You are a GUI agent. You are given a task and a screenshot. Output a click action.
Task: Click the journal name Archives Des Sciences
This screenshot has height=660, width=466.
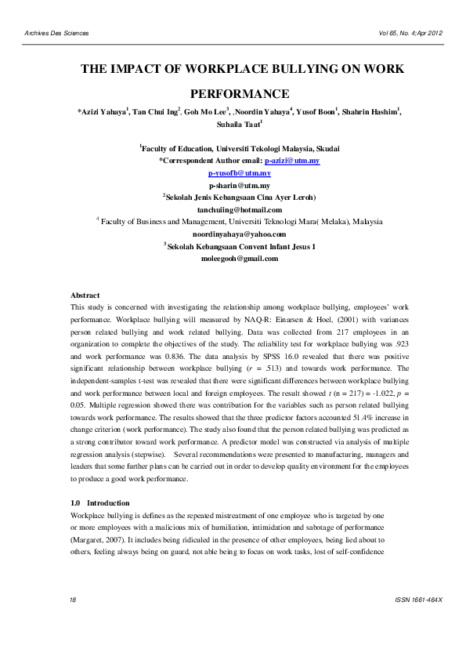57,33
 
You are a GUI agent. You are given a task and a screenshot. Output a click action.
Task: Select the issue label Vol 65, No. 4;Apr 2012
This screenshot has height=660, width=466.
410,33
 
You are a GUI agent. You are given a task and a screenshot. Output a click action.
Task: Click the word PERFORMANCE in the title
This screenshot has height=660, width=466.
240,92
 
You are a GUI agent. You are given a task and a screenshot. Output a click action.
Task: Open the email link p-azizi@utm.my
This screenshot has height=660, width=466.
292,160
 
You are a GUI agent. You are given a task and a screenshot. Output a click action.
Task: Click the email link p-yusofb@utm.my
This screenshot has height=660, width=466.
239,172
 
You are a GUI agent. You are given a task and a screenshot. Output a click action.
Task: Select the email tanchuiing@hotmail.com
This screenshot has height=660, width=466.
239,209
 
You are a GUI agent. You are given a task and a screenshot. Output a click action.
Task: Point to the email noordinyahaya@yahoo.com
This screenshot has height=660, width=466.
239,234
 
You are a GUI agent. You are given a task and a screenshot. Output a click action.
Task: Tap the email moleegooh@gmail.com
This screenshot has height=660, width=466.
240,258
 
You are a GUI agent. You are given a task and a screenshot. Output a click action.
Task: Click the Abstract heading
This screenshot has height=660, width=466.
85,295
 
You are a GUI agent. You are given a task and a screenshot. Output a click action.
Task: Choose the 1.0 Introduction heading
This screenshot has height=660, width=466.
100,502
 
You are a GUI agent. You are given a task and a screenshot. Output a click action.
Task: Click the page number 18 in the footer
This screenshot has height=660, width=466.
73,621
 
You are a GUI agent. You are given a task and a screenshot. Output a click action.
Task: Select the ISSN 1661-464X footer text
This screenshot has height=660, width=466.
420,621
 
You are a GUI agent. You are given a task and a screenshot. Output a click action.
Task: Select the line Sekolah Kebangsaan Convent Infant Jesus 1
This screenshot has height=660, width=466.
240,246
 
